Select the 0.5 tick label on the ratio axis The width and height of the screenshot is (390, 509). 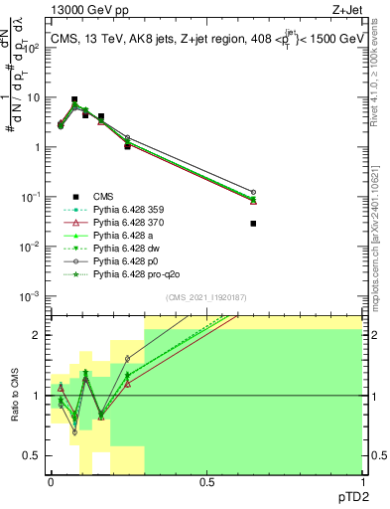(x=33, y=454)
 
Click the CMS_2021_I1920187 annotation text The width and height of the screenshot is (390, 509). (x=205, y=297)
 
